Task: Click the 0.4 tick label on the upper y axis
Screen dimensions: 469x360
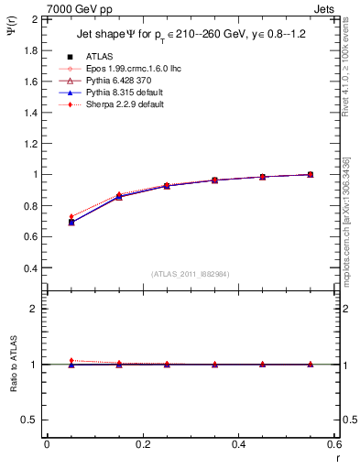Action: tap(30, 268)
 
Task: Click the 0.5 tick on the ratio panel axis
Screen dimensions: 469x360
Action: tap(29, 420)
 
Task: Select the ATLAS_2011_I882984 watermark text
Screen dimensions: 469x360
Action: tap(191, 274)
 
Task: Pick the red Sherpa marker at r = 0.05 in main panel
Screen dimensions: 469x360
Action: tap(71, 217)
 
